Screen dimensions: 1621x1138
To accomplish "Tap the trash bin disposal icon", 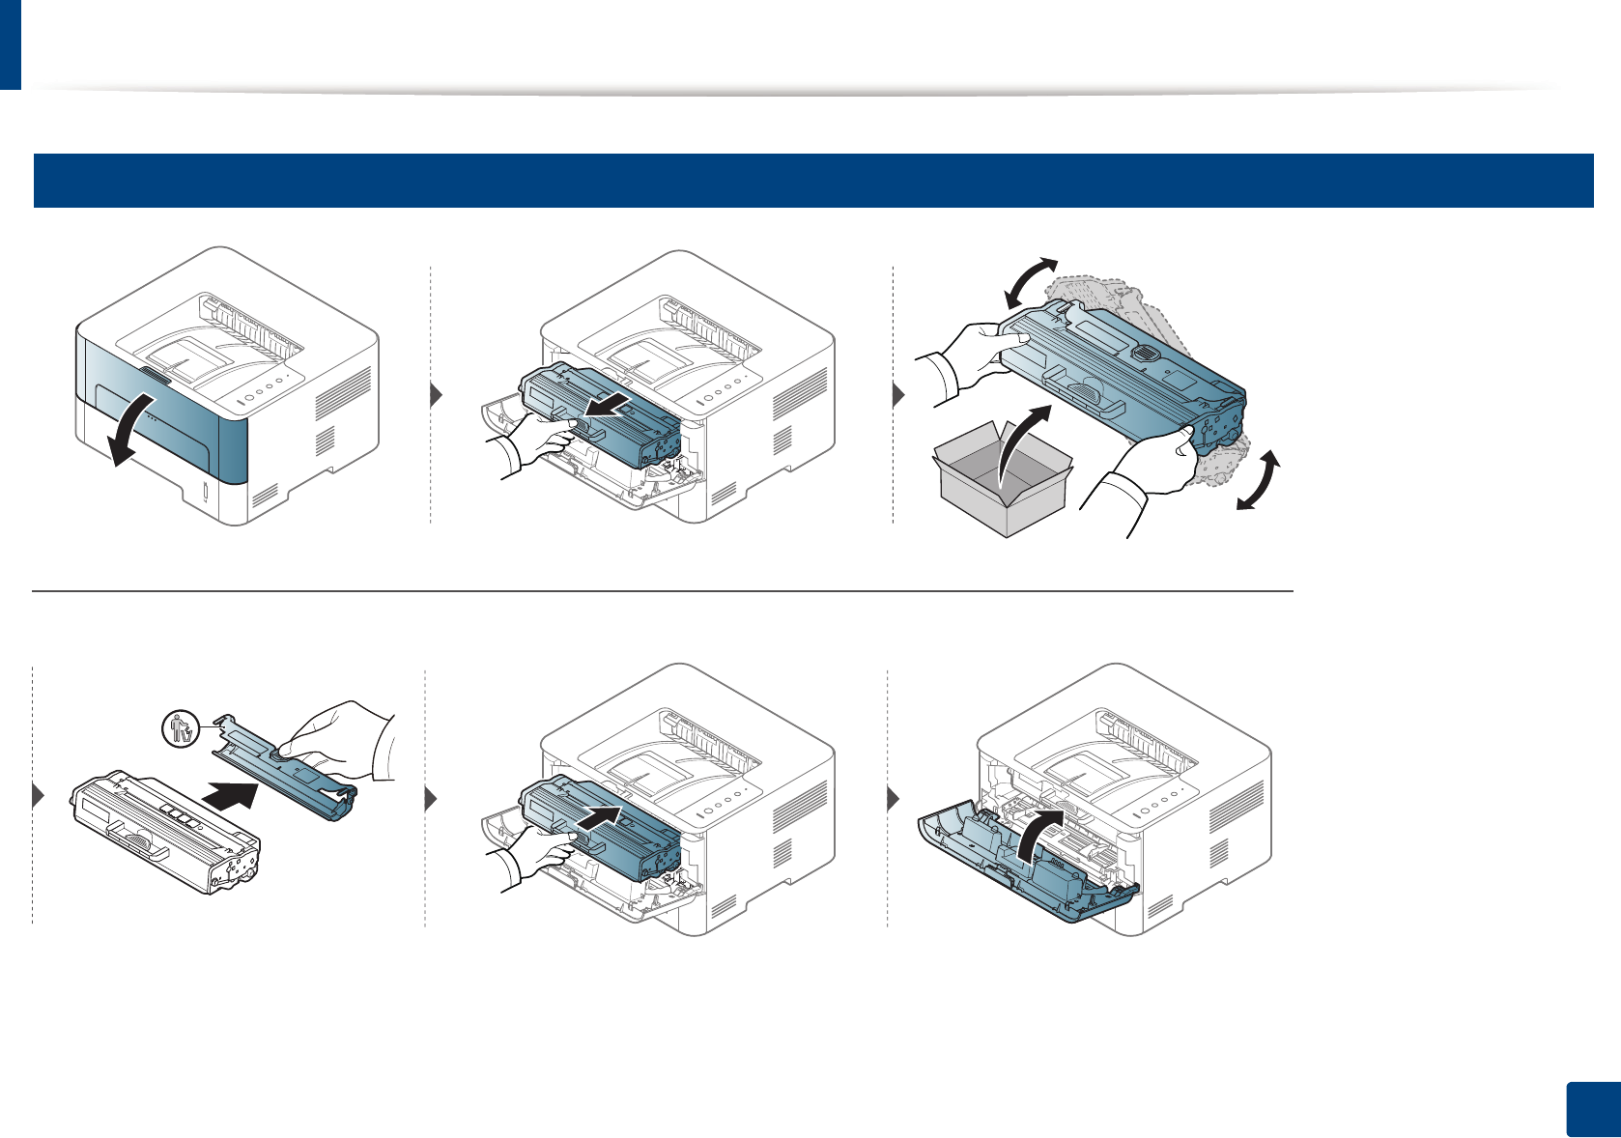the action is (x=181, y=727).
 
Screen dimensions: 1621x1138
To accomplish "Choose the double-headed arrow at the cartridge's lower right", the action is (x=1259, y=481).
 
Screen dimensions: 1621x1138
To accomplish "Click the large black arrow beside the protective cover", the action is (x=232, y=799).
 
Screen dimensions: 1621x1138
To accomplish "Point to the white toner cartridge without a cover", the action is (x=164, y=831).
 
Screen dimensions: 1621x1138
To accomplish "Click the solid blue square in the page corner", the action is (x=1591, y=1109).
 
